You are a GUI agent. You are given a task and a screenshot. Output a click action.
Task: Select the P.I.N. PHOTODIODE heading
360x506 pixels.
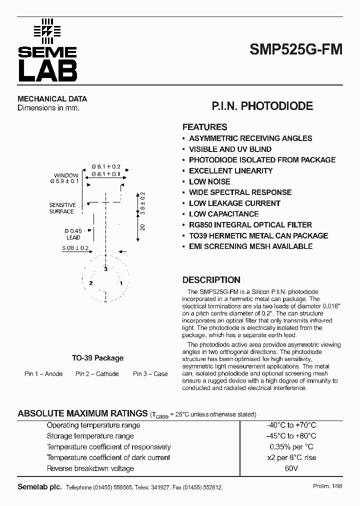[262, 106]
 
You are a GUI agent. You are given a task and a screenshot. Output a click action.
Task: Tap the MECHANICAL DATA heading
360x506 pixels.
[52, 98]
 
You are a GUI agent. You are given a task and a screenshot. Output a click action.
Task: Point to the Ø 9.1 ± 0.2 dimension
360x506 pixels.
[106, 166]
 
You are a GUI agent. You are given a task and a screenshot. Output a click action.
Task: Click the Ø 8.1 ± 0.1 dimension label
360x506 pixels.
[106, 174]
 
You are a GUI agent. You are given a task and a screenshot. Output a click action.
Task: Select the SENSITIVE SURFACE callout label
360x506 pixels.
[62, 208]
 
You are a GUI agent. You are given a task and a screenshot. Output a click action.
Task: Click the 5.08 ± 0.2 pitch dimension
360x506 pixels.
[75, 248]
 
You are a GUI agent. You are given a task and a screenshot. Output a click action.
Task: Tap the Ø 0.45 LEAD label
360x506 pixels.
[73, 234]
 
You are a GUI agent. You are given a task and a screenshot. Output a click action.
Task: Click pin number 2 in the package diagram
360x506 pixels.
[90, 283]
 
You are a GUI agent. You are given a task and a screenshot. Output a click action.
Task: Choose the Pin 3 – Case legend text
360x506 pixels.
[150, 374]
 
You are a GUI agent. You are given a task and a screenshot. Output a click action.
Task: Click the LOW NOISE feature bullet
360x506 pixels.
[209, 181]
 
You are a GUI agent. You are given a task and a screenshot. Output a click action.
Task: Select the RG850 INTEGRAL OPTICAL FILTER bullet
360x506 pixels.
[250, 225]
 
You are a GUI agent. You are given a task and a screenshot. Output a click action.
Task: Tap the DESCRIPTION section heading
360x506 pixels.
[211, 280]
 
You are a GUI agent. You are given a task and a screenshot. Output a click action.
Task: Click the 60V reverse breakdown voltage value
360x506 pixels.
[291, 468]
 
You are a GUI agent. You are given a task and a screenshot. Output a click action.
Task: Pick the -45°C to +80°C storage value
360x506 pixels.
[291, 436]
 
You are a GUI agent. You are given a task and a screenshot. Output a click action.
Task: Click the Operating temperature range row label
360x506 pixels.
[93, 425]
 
